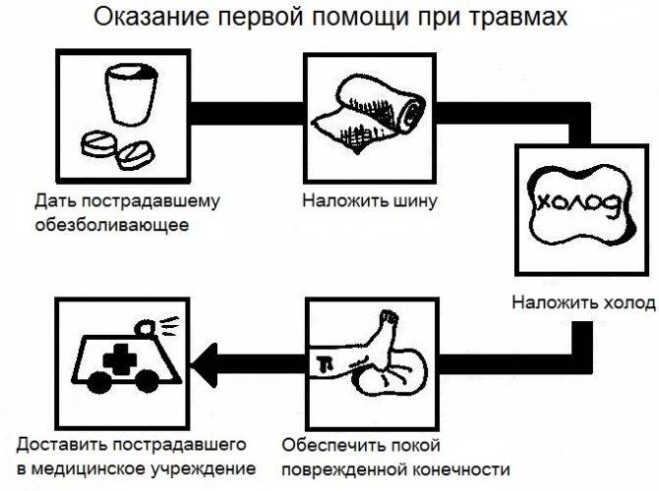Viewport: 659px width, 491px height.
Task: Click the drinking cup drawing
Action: pos(131,93)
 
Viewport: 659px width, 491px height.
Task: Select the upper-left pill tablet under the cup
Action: pos(97,144)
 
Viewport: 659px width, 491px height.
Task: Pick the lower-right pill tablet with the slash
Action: pos(136,155)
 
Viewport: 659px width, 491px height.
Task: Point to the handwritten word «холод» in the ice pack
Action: pos(577,204)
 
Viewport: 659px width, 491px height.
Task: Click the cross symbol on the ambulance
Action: pos(120,358)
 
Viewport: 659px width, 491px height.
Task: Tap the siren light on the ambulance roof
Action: pos(146,329)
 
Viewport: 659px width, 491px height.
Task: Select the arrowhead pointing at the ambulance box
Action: pos(205,364)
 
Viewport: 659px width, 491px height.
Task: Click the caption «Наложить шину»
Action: pos(370,201)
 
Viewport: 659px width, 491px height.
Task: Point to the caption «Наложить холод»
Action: pos(583,302)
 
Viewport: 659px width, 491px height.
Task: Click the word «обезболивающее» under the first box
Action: pos(112,225)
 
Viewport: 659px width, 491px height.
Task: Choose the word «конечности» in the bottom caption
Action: pos(461,468)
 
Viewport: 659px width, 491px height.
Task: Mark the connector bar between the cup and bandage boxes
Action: pos(247,113)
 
